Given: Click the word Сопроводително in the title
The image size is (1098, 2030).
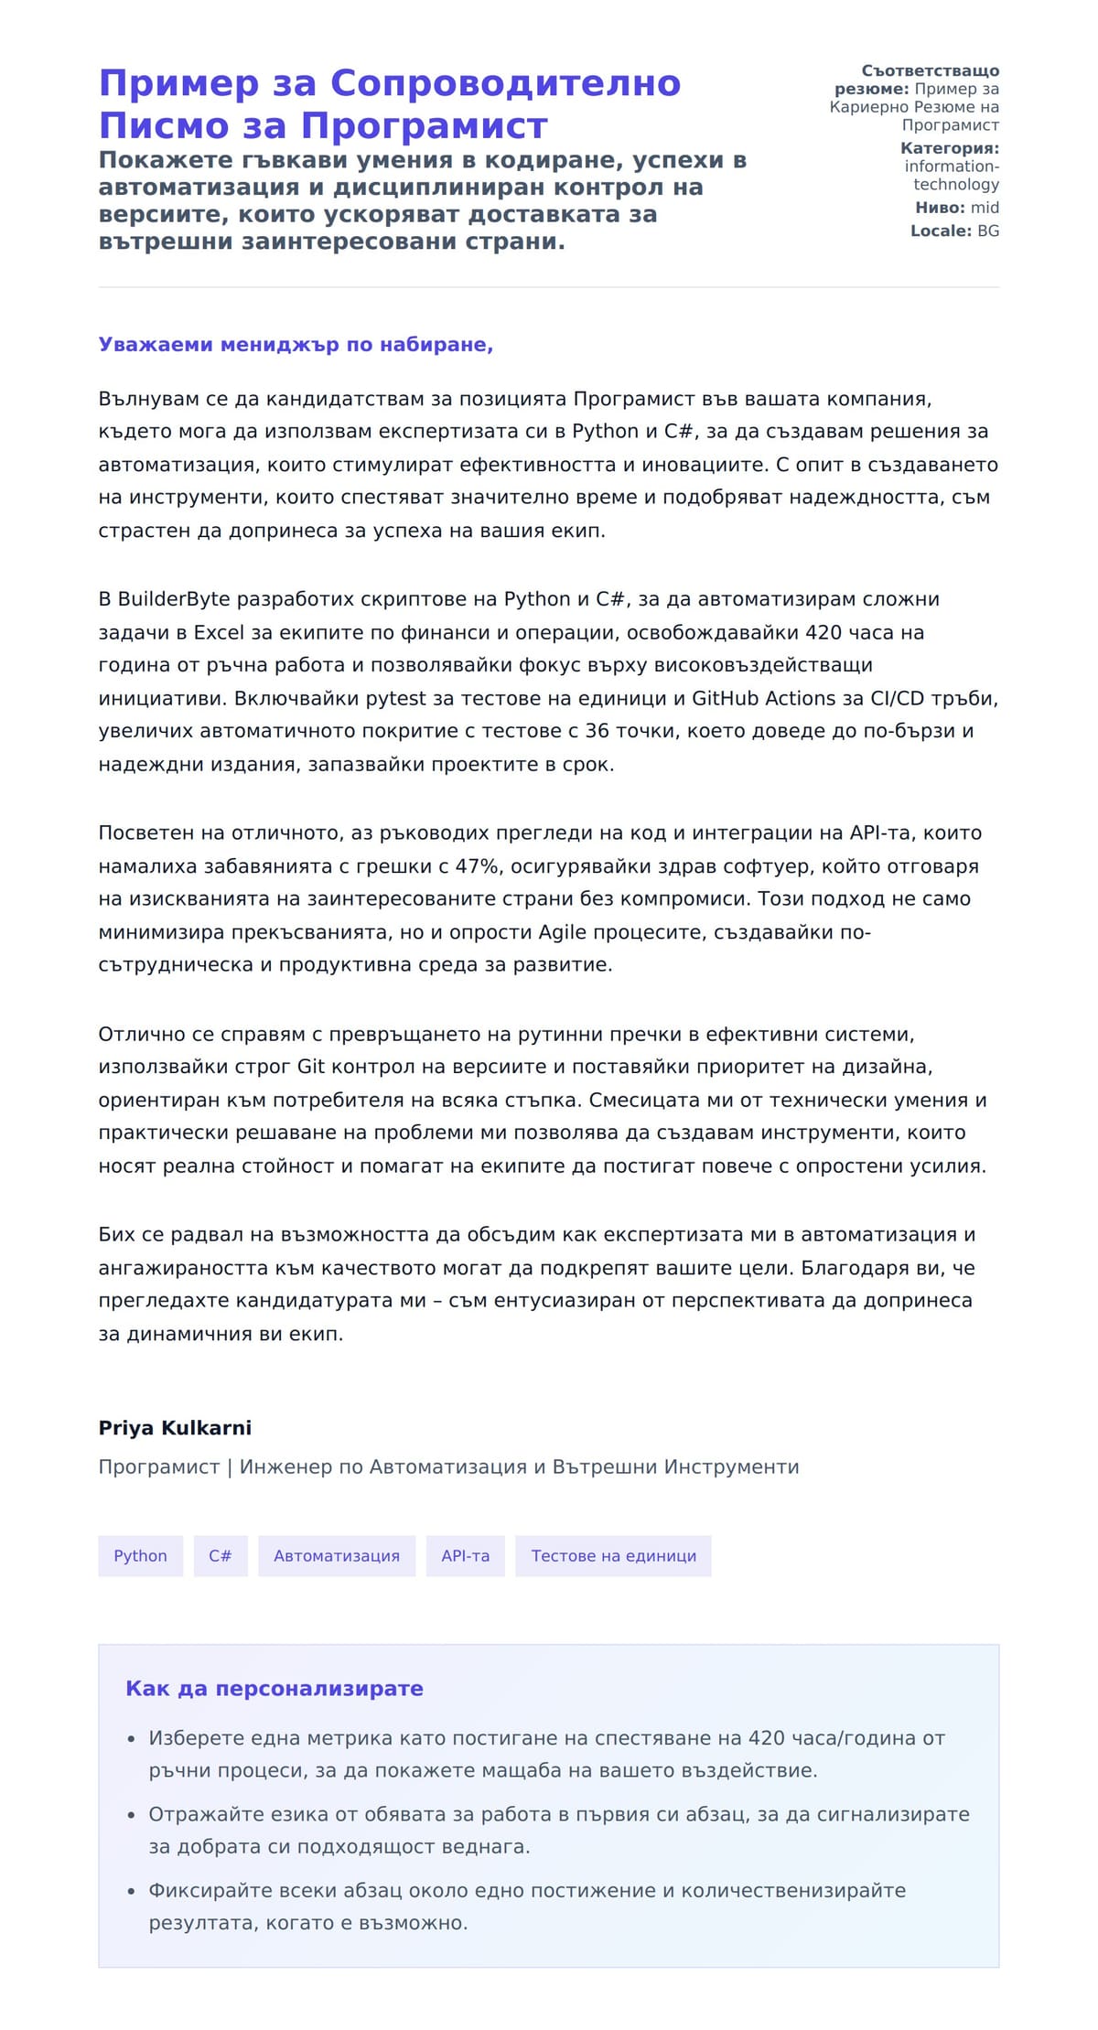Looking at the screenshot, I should tap(504, 83).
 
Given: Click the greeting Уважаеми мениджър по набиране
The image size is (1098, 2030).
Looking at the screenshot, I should tap(296, 345).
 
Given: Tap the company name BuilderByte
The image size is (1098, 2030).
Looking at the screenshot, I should tap(174, 599).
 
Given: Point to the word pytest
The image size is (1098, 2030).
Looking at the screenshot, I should tap(396, 698).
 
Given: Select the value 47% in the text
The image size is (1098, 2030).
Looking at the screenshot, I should tap(477, 865).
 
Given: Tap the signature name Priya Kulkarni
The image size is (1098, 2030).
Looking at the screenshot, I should tap(175, 1428).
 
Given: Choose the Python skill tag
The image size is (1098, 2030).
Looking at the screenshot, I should tap(140, 1556).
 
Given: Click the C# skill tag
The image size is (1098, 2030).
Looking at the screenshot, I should tap(221, 1556).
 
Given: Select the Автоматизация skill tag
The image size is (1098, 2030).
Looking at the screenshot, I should tap(337, 1556).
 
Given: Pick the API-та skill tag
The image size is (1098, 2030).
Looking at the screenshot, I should tap(465, 1556).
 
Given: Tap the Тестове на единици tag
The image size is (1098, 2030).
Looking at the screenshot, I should tap(613, 1556).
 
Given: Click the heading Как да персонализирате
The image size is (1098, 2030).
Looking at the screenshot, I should tap(274, 1689).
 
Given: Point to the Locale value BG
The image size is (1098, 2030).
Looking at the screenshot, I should tap(988, 231).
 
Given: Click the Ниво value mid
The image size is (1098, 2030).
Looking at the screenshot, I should tap(985, 208).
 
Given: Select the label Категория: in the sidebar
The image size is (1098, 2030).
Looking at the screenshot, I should tap(949, 148).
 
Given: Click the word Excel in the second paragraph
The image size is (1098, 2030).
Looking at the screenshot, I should tap(219, 632).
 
